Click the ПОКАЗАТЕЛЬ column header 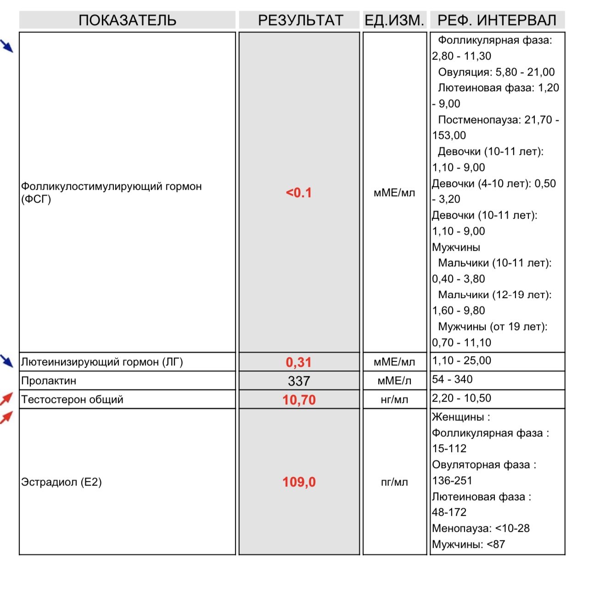click(x=127, y=20)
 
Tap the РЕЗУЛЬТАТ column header click(x=300, y=20)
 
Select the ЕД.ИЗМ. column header click(x=394, y=20)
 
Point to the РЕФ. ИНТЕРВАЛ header click(x=497, y=20)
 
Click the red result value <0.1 click(x=299, y=193)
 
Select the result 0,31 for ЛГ click(x=299, y=362)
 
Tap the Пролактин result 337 click(x=299, y=381)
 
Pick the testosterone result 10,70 click(x=299, y=400)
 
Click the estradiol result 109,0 click(x=299, y=482)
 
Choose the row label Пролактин click(x=49, y=381)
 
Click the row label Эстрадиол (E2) click(x=62, y=482)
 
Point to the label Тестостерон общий click(x=72, y=399)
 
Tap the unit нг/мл click(x=394, y=400)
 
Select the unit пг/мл click(x=394, y=482)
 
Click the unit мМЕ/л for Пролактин click(x=394, y=381)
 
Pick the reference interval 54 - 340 click(x=452, y=379)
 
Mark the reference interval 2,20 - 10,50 click(x=461, y=398)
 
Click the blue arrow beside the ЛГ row click(x=7, y=361)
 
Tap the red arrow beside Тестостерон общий click(x=6, y=398)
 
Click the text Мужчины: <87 click(x=468, y=545)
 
